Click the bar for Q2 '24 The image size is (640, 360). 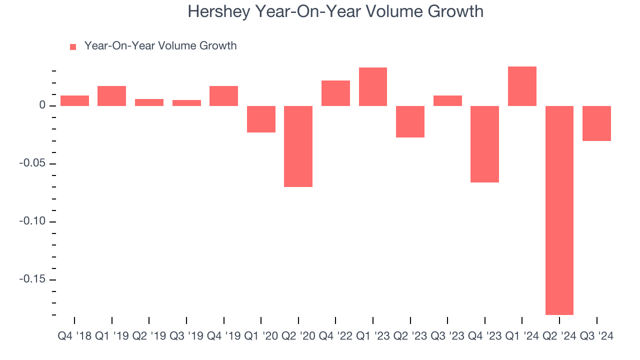(559, 210)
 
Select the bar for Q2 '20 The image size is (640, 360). (298, 146)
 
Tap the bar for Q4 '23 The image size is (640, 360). (484, 144)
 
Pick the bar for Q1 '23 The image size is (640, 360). (372, 86)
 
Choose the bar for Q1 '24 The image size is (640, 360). (522, 86)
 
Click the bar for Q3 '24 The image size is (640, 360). (596, 123)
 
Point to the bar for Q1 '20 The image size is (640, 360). (261, 119)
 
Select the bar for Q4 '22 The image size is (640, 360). (335, 93)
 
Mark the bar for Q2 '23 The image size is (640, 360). (410, 121)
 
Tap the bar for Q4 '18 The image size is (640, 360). (74, 100)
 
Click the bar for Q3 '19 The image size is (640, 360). (186, 103)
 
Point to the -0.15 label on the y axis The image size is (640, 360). (32, 279)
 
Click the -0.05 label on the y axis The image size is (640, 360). (32, 163)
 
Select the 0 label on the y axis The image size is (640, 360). (42, 106)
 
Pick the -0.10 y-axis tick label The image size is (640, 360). (32, 221)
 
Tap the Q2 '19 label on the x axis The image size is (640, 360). (149, 335)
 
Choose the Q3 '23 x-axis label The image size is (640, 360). (447, 335)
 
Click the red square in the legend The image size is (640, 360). (73, 47)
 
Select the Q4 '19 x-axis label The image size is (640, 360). (223, 335)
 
